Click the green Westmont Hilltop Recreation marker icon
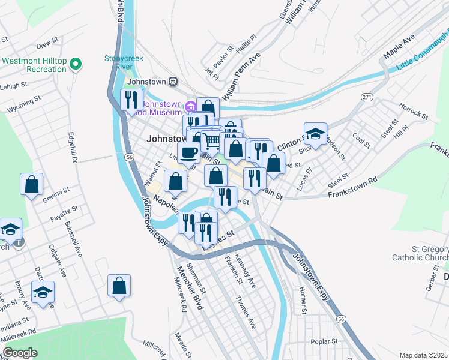(76, 64)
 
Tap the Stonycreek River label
(126, 62)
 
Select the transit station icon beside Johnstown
(173, 80)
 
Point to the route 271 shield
(367, 97)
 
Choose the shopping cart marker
(211, 142)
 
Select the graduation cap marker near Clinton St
(315, 134)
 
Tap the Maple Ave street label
(399, 46)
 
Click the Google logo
(20, 353)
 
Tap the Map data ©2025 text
(423, 355)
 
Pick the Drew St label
(46, 44)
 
